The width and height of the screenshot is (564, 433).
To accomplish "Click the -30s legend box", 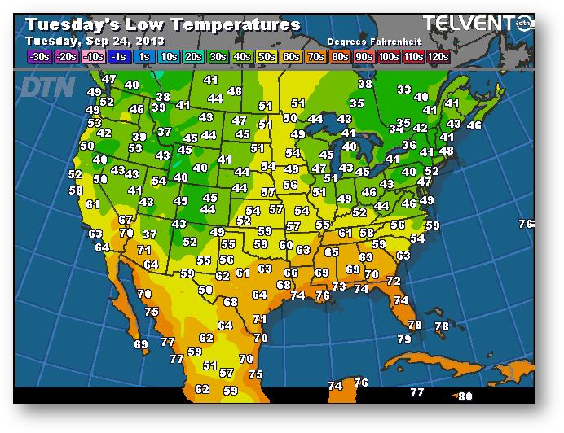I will [x=38, y=56].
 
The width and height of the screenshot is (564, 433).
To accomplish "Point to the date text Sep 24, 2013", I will [x=127, y=40].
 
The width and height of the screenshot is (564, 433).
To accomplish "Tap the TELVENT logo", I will [x=472, y=24].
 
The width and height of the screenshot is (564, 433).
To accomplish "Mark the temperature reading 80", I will [x=465, y=396].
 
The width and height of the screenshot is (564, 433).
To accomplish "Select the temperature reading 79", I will [x=404, y=339].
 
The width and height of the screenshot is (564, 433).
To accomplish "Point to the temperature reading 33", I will [x=404, y=90].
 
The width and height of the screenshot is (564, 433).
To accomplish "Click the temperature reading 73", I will [x=339, y=286].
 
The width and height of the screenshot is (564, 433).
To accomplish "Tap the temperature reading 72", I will [x=394, y=281].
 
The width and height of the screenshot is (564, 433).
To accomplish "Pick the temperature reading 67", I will [x=125, y=220].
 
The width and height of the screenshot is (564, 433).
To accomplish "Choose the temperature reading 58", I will [x=76, y=190].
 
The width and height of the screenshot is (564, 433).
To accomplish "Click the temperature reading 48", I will [x=447, y=151].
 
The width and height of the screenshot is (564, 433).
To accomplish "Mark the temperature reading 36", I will [x=409, y=145].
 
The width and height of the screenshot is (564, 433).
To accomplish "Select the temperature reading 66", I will [x=290, y=273].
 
